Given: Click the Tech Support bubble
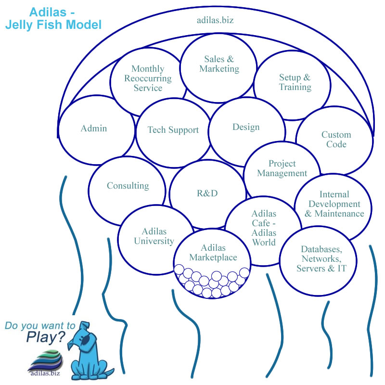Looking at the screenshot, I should [173, 130].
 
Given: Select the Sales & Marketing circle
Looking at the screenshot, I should [219, 64].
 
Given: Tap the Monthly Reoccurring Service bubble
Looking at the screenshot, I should [148, 78].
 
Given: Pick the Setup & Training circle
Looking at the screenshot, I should [295, 82].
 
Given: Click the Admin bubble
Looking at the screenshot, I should [94, 128].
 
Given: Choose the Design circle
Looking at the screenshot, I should [245, 127].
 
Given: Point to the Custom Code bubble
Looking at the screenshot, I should [336, 140].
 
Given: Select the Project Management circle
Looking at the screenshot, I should [282, 169].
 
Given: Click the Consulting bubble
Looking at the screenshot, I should [128, 186].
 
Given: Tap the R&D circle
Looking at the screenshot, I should [207, 193].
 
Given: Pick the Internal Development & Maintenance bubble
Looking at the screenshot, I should [334, 204].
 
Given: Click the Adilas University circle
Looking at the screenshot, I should [154, 236].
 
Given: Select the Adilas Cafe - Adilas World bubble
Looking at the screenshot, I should [264, 228].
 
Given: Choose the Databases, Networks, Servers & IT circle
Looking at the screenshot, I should [321, 259].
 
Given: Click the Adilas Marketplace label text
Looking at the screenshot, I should [213, 253].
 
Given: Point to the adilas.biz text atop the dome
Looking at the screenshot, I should [215, 20].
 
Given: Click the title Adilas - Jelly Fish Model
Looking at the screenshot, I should [53, 18].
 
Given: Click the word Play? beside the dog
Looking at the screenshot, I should [45, 338].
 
